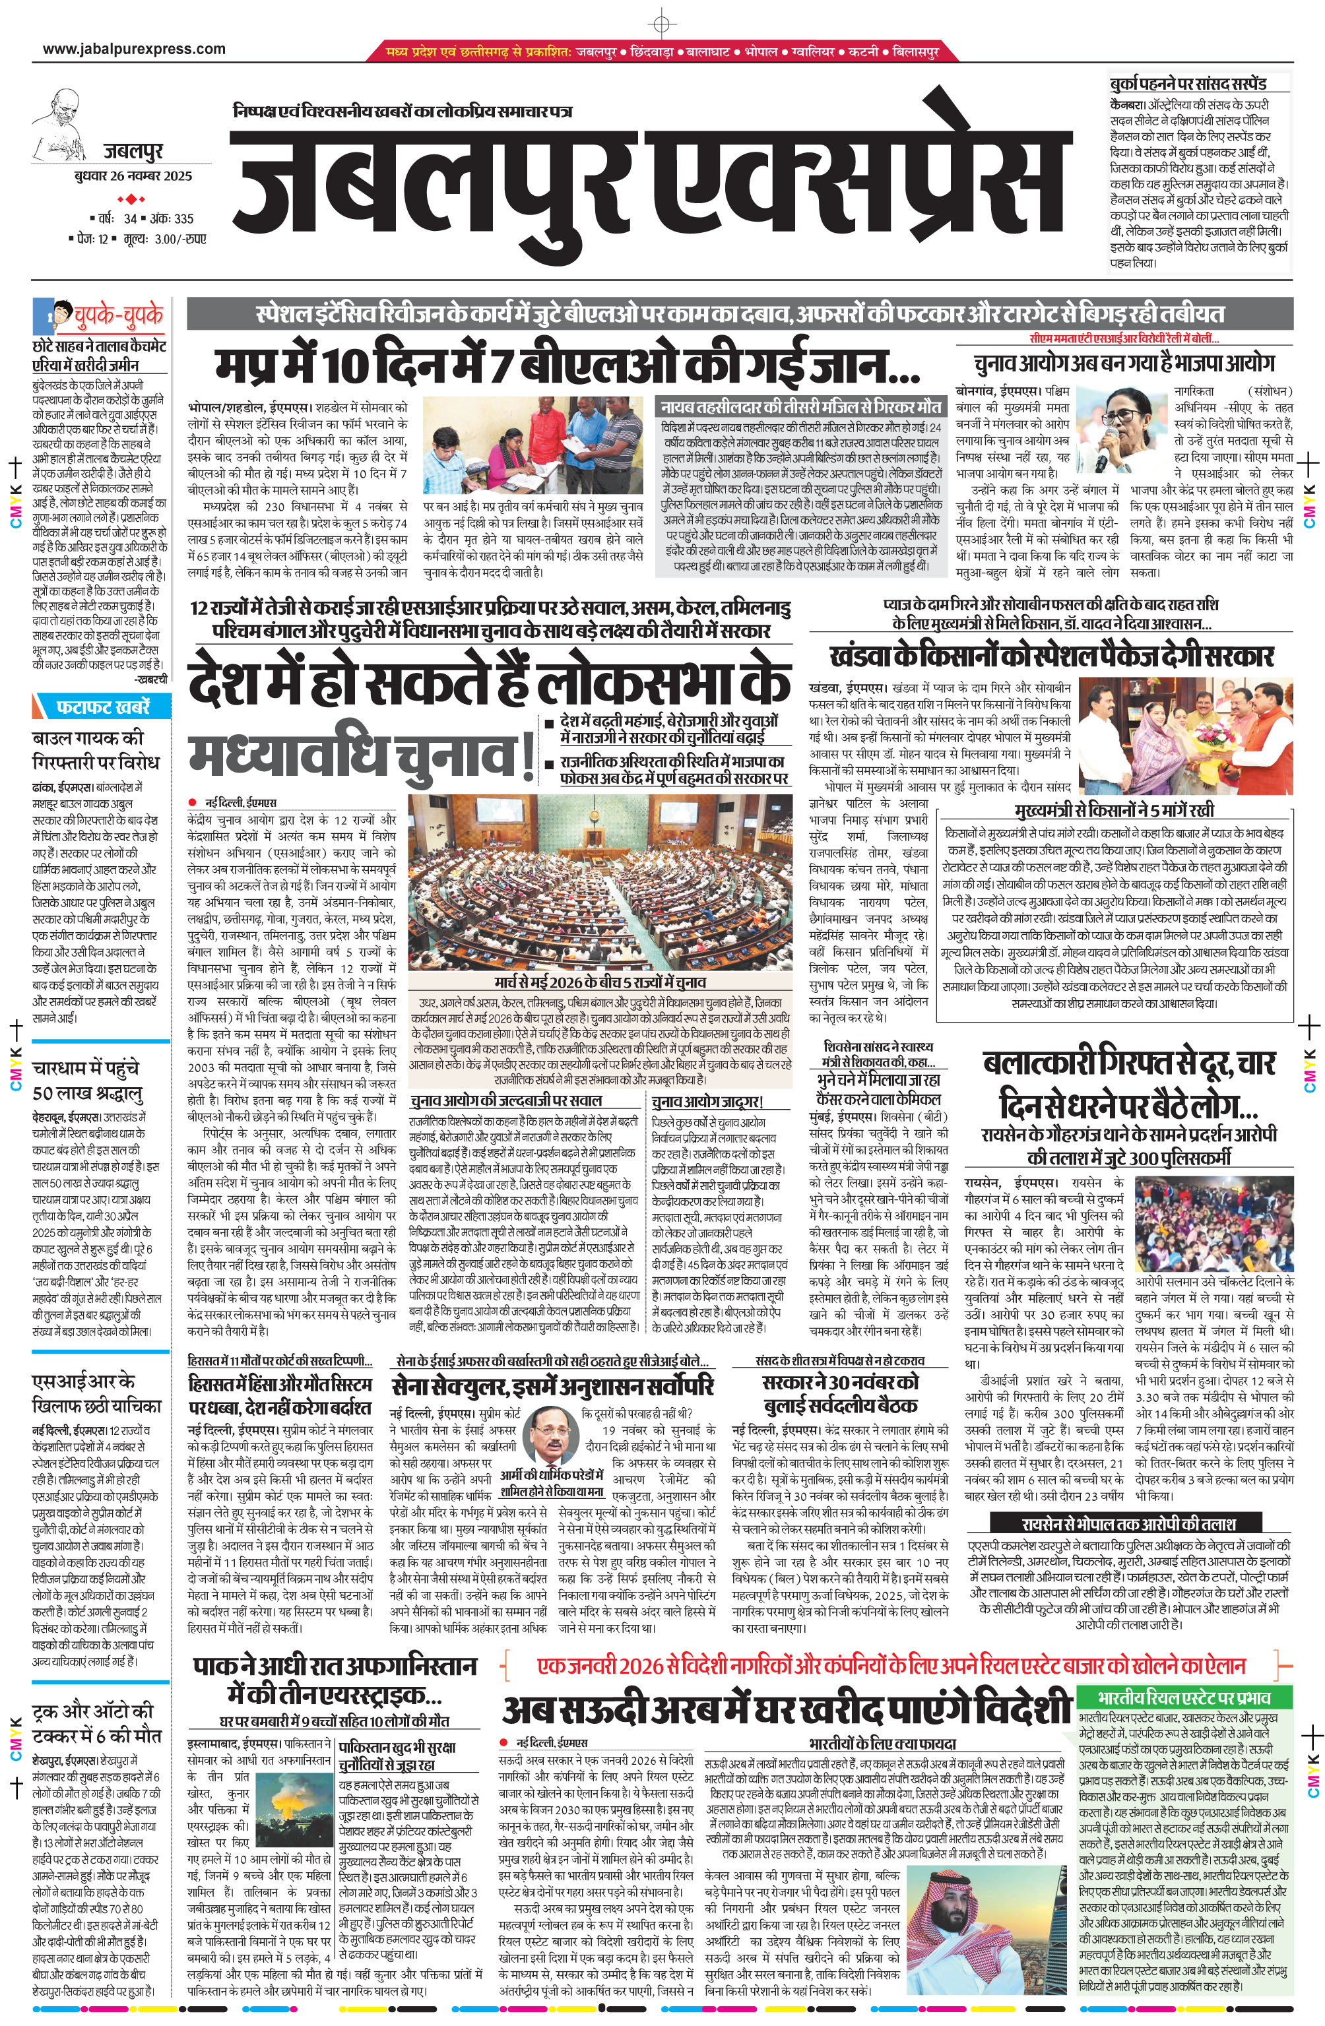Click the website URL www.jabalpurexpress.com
click(135, 49)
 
